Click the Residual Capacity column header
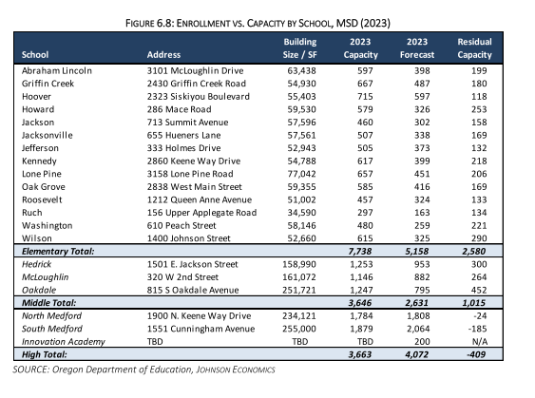[474, 48]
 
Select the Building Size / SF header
[300, 48]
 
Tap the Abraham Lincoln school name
[57, 70]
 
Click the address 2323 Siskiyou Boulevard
[199, 97]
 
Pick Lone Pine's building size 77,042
[301, 174]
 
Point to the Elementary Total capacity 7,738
[360, 252]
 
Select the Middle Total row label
[49, 303]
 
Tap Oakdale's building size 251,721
[299, 290]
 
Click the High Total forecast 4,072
[417, 354]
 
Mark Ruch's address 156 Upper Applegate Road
[201, 213]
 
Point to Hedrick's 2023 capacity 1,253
[361, 264]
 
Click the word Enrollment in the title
[203, 23]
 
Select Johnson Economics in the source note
[236, 370]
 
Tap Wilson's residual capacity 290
[479, 238]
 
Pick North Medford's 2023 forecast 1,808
[418, 315]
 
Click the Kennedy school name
[39, 161]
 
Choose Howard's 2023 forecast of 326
[422, 109]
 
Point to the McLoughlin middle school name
[45, 277]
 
